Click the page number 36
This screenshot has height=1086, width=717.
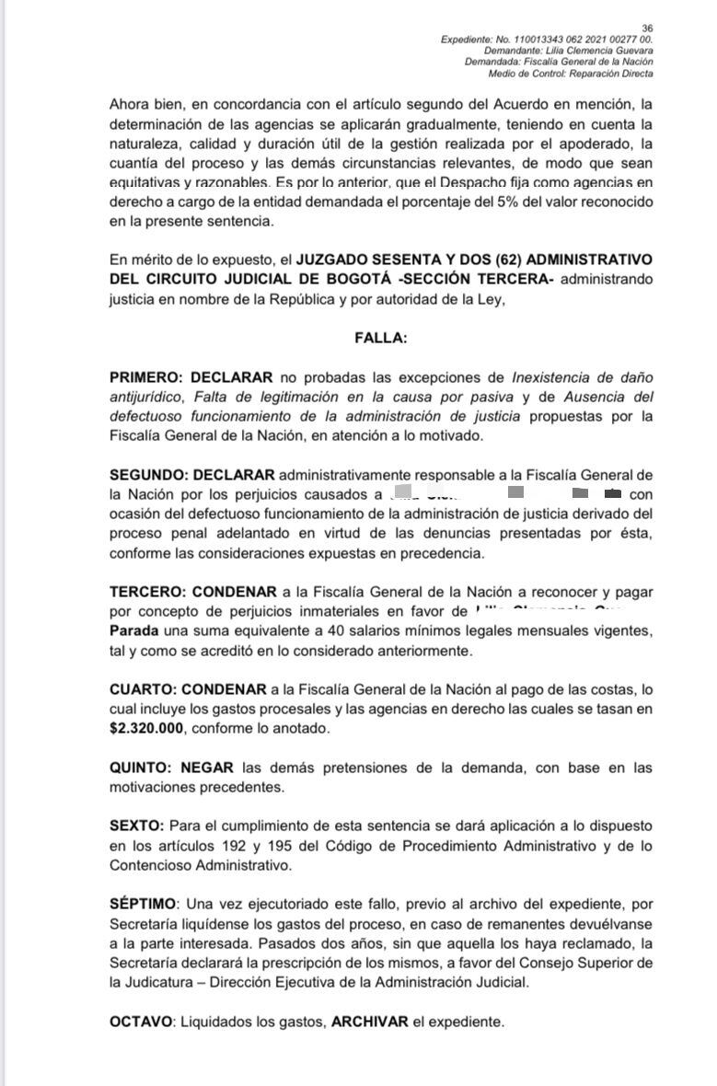point(646,29)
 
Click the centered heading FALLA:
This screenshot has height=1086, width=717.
point(381,338)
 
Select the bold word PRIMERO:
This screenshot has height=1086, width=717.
point(145,376)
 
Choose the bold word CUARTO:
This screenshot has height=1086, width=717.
point(143,688)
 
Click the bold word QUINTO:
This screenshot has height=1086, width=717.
point(141,768)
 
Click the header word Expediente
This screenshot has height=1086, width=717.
point(467,40)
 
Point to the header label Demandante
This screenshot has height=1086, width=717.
point(516,51)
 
